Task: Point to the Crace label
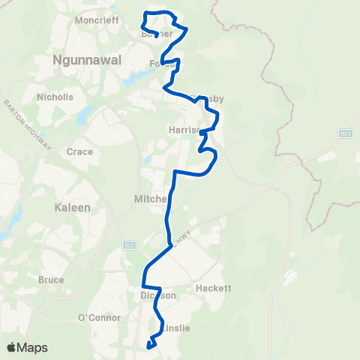pos(79,151)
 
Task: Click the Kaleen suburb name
pos(71,205)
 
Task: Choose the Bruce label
pos(51,280)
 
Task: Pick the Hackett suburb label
pos(212,288)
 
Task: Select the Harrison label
pos(184,129)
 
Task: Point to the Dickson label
pos(157,295)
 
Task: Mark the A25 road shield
pos(128,245)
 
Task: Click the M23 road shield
pos(344,133)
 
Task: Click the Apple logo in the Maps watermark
pos(12,347)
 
